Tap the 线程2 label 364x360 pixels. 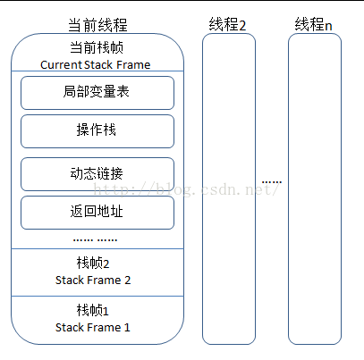pos(228,23)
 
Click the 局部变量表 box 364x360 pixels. pos(97,91)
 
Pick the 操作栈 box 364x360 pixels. pos(97,130)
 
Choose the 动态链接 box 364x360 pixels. pos(97,172)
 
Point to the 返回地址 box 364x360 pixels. pos(97,213)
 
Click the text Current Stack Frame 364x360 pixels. pos(96,64)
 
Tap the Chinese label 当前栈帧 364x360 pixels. pos(97,48)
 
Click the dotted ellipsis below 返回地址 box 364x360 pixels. pos(96,239)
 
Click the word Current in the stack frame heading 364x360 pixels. pos(61,64)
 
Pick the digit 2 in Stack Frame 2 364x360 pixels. pos(127,280)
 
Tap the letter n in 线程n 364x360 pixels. pos(328,24)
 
